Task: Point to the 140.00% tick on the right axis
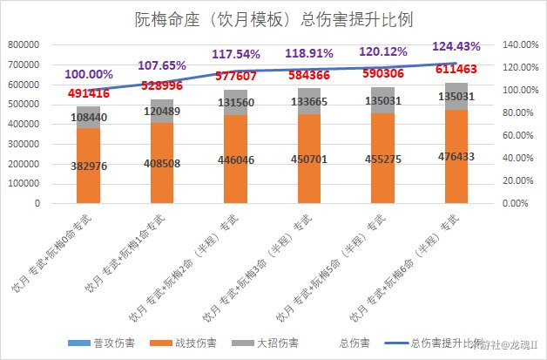523,44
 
